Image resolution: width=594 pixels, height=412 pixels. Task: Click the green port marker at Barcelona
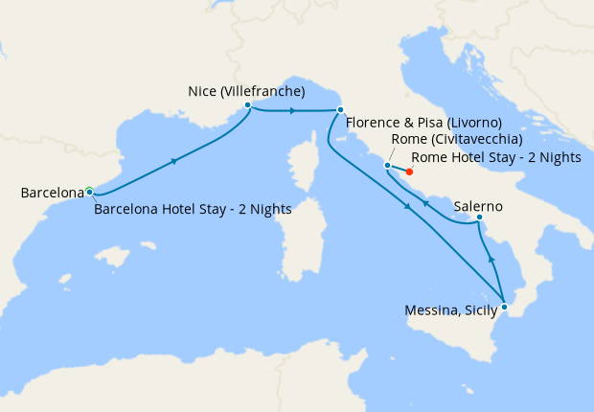tap(88, 191)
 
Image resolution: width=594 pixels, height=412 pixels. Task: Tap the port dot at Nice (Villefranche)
tap(247, 105)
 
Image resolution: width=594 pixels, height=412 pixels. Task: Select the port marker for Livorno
tap(340, 110)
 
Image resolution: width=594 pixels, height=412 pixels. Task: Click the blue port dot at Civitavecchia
tap(387, 165)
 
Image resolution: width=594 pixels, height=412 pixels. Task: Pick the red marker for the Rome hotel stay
tap(409, 172)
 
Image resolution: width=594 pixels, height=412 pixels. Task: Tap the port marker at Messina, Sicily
tap(504, 307)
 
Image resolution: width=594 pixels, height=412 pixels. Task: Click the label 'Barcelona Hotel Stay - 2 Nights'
tap(193, 209)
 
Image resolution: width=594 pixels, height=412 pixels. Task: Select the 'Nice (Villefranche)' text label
tap(246, 92)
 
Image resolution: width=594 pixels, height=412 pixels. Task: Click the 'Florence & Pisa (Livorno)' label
tap(423, 123)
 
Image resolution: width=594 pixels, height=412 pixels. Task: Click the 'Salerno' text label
tap(478, 206)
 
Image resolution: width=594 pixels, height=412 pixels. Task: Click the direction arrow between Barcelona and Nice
tap(173, 160)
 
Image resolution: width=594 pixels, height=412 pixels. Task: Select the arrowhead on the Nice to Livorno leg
tap(292, 110)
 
